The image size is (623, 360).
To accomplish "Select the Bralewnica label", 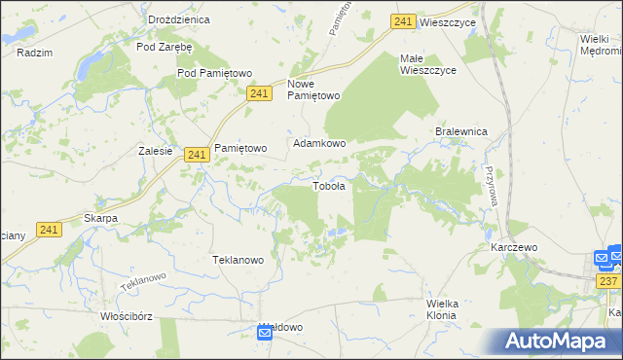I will click(x=460, y=131).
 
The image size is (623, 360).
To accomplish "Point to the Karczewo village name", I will click(x=514, y=248).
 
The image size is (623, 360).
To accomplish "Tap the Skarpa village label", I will click(x=100, y=218).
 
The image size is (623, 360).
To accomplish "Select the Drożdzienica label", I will click(x=153, y=19).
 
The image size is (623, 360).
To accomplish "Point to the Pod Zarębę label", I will click(x=165, y=46).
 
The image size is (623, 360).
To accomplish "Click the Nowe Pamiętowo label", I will click(x=313, y=90).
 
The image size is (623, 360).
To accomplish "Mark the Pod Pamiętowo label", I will click(x=214, y=73).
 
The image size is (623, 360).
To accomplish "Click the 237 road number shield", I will click(x=609, y=281).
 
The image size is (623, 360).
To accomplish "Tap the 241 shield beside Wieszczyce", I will click(x=404, y=21).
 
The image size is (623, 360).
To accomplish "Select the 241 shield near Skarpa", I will click(x=51, y=230).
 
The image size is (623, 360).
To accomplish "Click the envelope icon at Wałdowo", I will click(x=265, y=334).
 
